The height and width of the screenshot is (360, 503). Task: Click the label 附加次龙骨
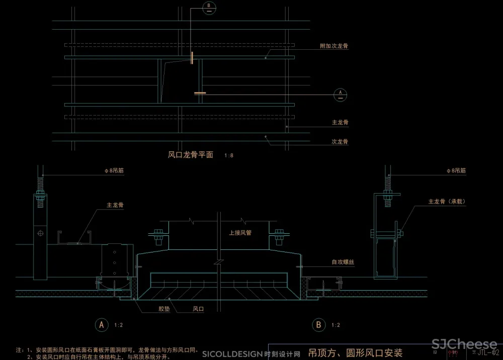(x=334, y=46)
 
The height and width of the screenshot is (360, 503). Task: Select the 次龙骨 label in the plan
(x=340, y=142)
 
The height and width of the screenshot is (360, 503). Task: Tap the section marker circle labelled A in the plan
(x=341, y=94)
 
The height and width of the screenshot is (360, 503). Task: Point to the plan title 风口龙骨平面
(x=191, y=155)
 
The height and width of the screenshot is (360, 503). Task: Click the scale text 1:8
(x=228, y=156)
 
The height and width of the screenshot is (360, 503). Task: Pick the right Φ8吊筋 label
(x=456, y=171)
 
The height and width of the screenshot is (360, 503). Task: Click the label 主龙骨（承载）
(x=447, y=202)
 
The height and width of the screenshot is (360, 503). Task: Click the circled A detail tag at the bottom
(x=102, y=325)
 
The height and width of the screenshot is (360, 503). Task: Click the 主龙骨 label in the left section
(x=115, y=205)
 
